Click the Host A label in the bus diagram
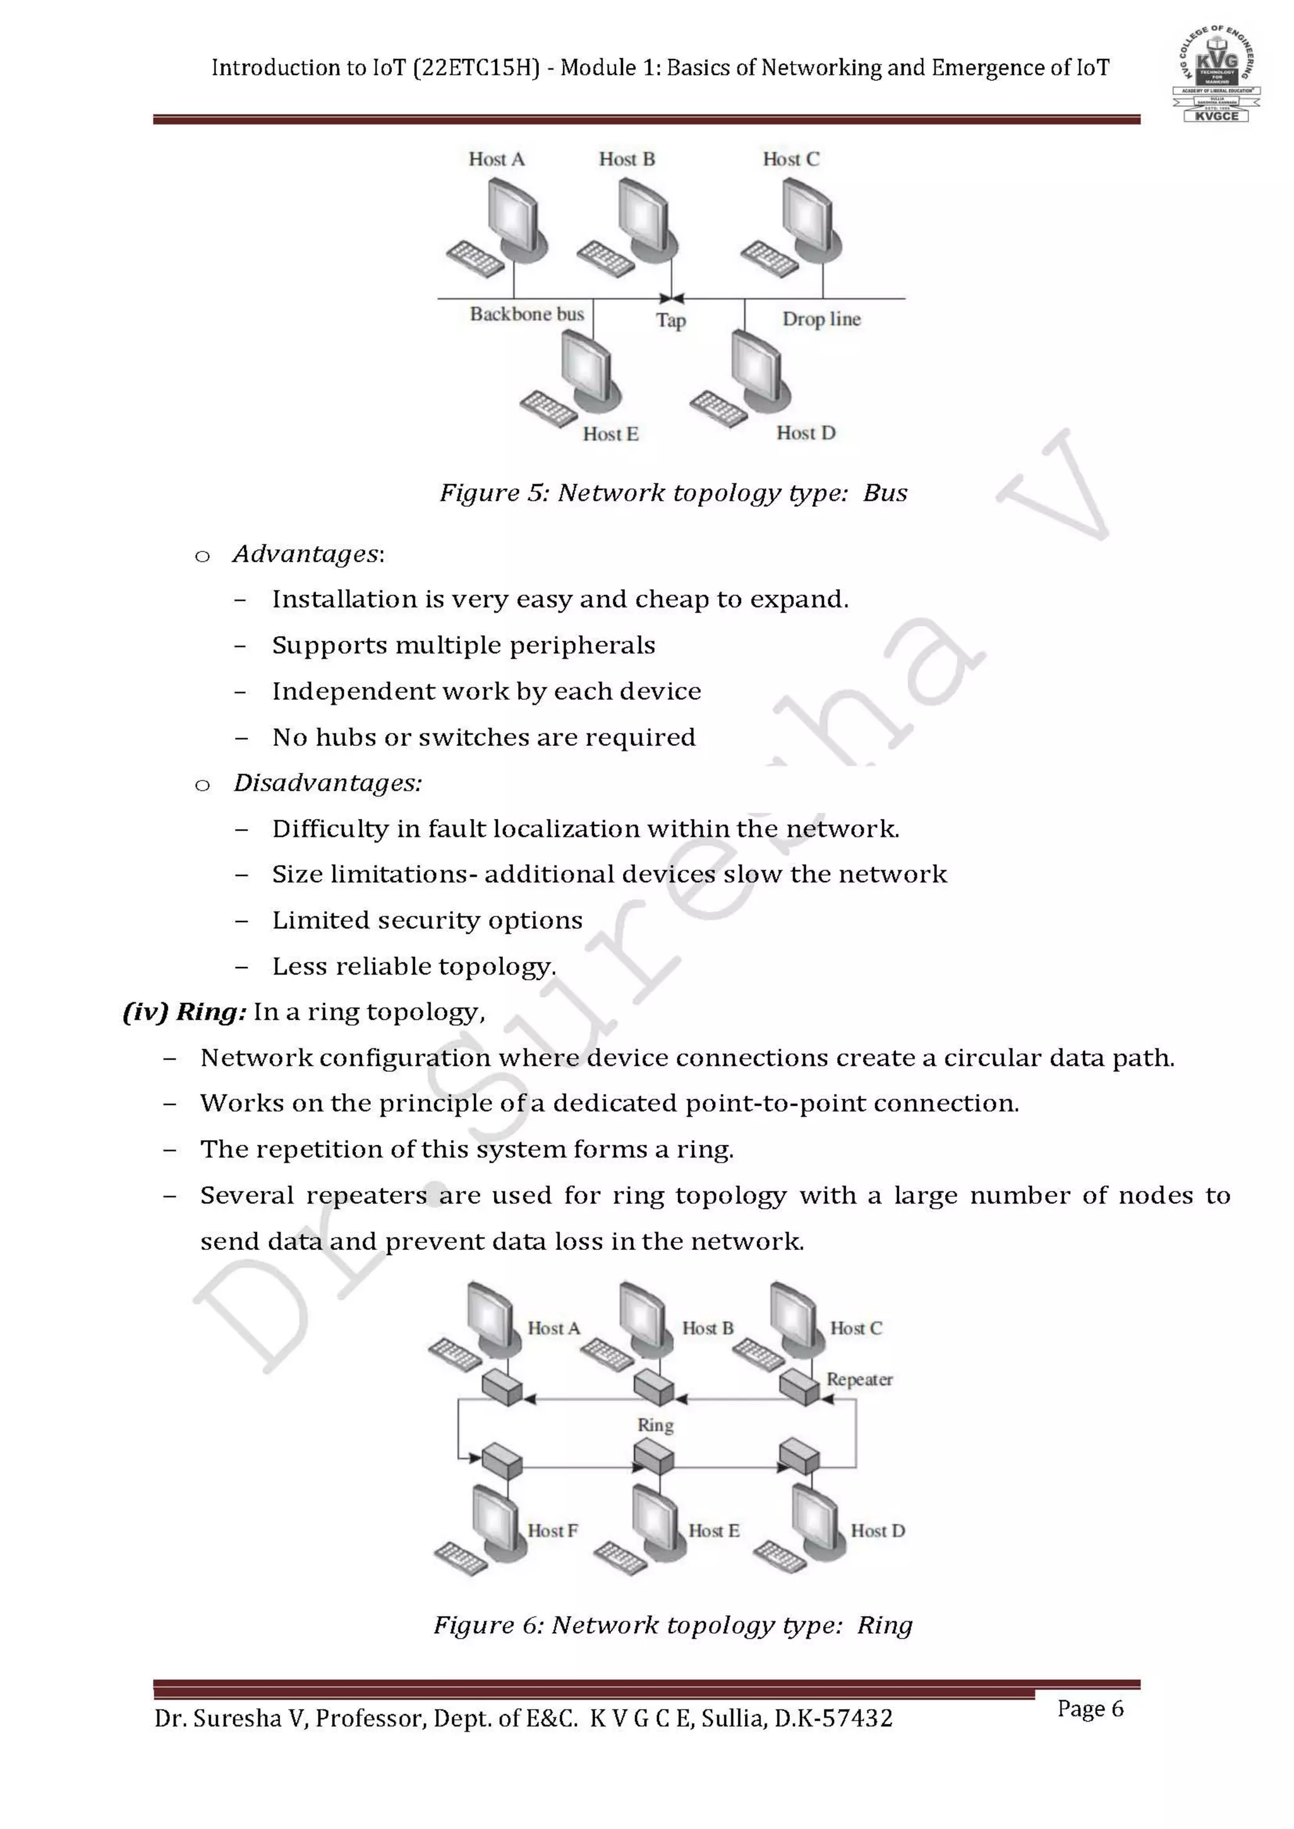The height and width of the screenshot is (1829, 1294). click(497, 159)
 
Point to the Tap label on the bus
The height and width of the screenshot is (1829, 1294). click(671, 320)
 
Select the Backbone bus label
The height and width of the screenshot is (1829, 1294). click(527, 314)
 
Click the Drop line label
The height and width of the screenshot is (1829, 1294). click(821, 320)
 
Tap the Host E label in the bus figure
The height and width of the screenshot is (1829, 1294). click(610, 434)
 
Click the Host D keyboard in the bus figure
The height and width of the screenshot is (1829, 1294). click(718, 408)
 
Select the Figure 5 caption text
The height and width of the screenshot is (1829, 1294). click(674, 493)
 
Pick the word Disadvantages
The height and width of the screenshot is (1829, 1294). click(327, 783)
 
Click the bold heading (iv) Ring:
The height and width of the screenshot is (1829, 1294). click(184, 1012)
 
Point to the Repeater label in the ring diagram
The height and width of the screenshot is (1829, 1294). click(859, 1379)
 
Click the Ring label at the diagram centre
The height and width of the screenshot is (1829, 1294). click(655, 1424)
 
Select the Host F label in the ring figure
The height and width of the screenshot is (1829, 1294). click(552, 1530)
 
